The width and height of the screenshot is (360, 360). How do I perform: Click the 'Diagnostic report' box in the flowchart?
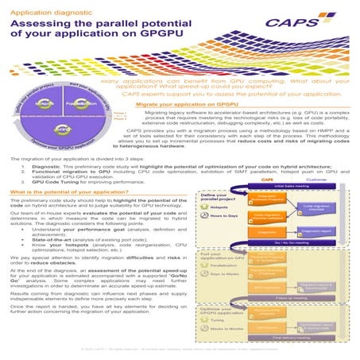(x=315, y=230)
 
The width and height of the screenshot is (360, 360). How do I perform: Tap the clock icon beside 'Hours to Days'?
(x=204, y=217)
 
